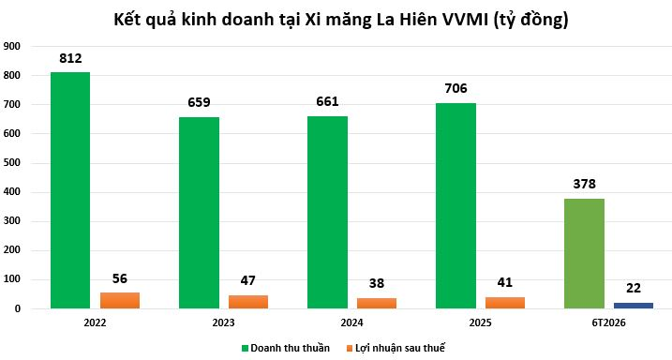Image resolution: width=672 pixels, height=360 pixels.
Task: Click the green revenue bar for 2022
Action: (x=70, y=190)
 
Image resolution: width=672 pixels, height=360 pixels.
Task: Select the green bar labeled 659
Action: (x=199, y=213)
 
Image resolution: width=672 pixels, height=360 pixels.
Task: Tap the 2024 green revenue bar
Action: (x=327, y=212)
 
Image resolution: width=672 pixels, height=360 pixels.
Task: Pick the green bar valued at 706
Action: (x=455, y=205)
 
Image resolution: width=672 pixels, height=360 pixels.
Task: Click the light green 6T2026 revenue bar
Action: (x=584, y=253)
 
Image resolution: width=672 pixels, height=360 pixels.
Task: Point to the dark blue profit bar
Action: (x=634, y=306)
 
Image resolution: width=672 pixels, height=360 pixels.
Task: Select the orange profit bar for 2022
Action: (x=120, y=300)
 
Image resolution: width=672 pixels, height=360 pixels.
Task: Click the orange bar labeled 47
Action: (x=248, y=302)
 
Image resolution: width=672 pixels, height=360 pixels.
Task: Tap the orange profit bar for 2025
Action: (x=505, y=303)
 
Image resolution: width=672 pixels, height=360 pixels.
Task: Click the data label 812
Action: (x=70, y=58)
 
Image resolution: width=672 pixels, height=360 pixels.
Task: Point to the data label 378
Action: (x=584, y=185)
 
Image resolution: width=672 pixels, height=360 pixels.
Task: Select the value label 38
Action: (x=377, y=283)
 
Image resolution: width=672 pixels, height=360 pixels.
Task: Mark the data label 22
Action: (x=634, y=288)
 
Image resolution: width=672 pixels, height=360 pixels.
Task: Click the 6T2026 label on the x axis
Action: (x=608, y=322)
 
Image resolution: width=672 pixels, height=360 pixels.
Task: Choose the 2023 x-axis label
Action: (x=223, y=322)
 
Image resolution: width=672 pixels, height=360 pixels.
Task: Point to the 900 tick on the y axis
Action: (x=11, y=46)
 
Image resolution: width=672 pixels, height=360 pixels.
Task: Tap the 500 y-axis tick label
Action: (x=11, y=163)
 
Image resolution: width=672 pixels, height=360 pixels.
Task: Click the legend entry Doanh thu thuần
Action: (x=286, y=348)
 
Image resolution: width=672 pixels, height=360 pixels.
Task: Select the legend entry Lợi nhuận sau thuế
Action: (x=396, y=348)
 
